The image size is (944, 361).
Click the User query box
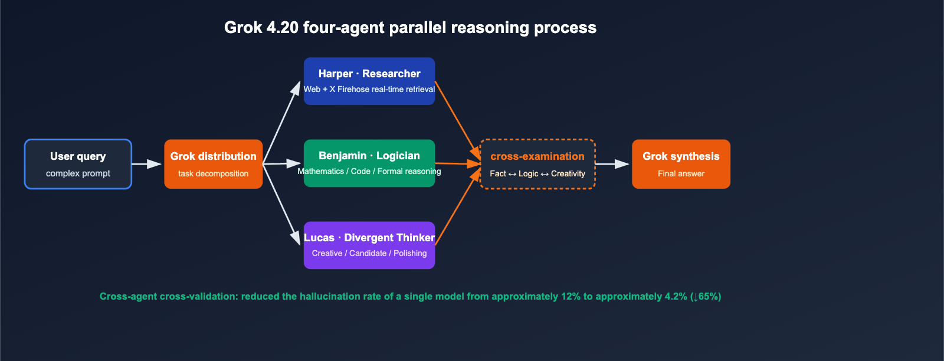pos(78,164)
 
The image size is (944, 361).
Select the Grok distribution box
pos(213,164)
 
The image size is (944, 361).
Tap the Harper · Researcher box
pos(369,81)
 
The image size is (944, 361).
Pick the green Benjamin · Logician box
pos(369,163)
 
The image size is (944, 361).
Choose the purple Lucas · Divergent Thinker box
pos(369,245)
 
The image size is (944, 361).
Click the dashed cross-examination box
pos(537,164)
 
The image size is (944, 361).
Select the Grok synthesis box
pos(681,164)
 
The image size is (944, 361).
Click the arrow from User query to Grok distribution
pos(146,164)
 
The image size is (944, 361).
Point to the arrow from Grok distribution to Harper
pos(281,123)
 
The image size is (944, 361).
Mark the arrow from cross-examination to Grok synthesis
pos(612,164)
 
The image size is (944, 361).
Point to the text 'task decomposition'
pos(213,173)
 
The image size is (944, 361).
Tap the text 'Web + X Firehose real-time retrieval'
pos(369,89)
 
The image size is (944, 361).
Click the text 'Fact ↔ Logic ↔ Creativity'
pos(537,173)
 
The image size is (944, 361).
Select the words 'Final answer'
pos(681,173)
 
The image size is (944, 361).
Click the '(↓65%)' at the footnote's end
pos(706,296)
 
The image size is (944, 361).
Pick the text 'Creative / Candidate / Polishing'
pos(369,253)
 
